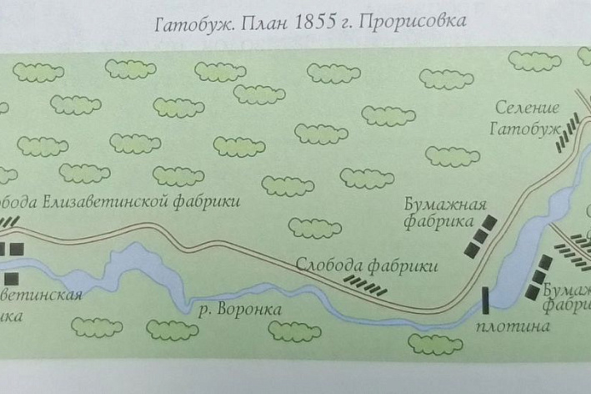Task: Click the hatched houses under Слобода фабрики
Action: (x=365, y=285)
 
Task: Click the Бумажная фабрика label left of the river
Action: (x=444, y=213)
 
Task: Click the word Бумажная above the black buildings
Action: (x=444, y=205)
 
